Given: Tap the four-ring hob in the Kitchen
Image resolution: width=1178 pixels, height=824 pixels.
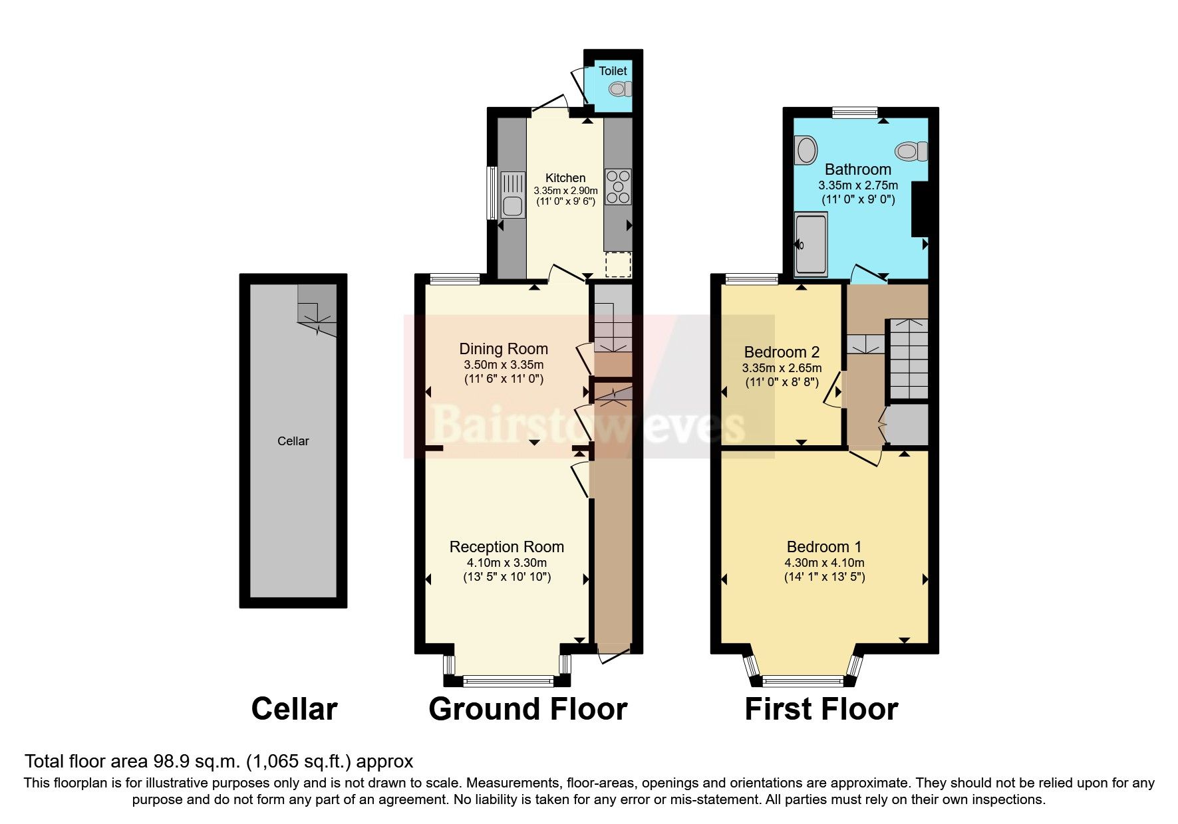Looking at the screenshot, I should pyautogui.click(x=618, y=187).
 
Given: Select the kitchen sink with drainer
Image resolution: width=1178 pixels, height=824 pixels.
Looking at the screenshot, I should pyautogui.click(x=512, y=194).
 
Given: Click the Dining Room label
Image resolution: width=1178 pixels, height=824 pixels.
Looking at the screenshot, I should pyautogui.click(x=504, y=349).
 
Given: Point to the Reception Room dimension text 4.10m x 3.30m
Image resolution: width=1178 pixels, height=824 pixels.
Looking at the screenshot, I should pyautogui.click(x=506, y=563).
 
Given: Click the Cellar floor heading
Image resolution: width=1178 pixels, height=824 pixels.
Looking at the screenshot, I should pyautogui.click(x=294, y=709).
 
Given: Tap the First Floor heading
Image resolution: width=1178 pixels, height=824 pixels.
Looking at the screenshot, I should pyautogui.click(x=821, y=709).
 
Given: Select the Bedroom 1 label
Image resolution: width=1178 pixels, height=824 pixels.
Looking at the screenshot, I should pyautogui.click(x=823, y=547).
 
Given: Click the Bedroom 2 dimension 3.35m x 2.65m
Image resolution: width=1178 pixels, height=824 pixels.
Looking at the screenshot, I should pyautogui.click(x=782, y=368).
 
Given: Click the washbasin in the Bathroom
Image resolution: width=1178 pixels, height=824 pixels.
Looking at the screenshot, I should pyautogui.click(x=806, y=150).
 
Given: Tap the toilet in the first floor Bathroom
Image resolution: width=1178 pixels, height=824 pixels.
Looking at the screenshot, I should pyautogui.click(x=911, y=151).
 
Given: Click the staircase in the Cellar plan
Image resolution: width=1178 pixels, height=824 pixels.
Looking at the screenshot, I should pyautogui.click(x=318, y=309).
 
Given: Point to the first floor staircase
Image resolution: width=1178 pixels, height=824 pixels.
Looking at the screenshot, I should pyautogui.click(x=909, y=359).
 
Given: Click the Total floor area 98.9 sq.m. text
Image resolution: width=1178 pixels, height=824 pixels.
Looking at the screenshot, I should pyautogui.click(x=219, y=761).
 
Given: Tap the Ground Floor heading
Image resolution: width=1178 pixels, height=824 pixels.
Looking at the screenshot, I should pyautogui.click(x=527, y=709).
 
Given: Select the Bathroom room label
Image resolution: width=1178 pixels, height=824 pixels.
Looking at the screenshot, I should pyautogui.click(x=857, y=169).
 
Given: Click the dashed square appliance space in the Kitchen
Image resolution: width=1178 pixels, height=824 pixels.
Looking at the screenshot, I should pyautogui.click(x=618, y=264).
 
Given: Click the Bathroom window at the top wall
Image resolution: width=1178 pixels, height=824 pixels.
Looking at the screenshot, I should pyautogui.click(x=854, y=112).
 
